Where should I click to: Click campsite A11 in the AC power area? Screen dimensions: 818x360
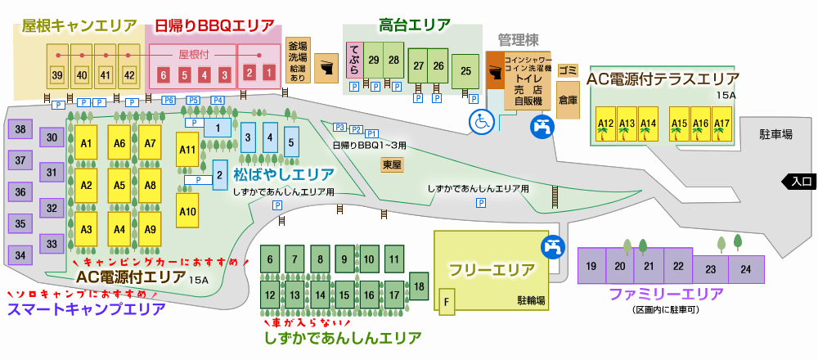click(187, 150)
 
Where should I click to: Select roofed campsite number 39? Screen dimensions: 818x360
click(57, 74)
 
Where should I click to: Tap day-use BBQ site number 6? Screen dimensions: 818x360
click(164, 75)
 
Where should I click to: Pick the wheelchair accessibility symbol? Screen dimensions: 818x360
click(482, 122)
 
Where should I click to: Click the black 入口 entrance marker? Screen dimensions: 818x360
click(798, 182)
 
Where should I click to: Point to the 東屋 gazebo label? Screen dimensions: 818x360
click(391, 165)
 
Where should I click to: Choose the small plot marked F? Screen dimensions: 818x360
click(447, 302)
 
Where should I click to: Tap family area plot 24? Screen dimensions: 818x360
click(746, 269)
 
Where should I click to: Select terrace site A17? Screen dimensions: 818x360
click(721, 124)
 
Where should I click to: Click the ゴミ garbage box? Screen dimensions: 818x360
click(569, 70)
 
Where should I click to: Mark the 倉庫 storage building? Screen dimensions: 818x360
click(569, 100)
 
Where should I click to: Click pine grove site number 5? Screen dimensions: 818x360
click(291, 142)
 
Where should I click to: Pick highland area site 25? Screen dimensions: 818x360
click(466, 71)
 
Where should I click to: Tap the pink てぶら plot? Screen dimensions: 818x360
click(354, 60)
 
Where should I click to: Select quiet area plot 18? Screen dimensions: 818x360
click(418, 286)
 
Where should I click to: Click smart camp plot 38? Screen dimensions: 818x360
click(20, 129)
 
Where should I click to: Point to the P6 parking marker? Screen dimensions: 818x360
click(169, 100)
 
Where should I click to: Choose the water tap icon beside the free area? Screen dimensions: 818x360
click(552, 247)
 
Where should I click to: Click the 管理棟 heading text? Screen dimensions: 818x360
click(518, 40)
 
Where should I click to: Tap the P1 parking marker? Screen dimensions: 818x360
click(372, 133)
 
